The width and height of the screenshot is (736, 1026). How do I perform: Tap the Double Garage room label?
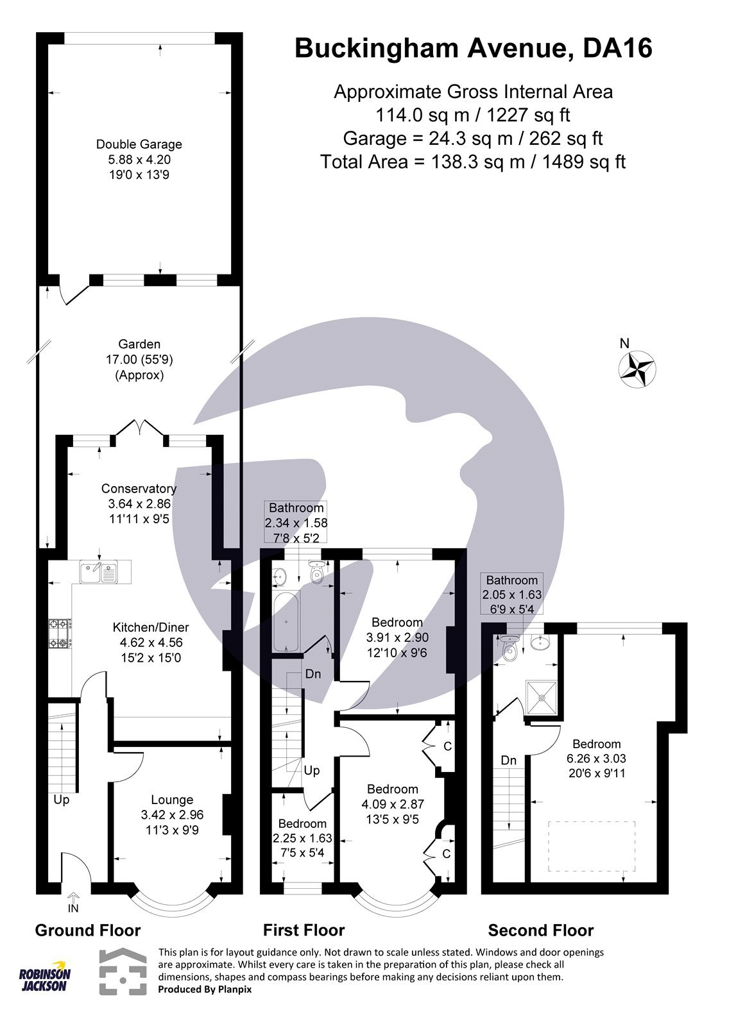pyautogui.click(x=139, y=144)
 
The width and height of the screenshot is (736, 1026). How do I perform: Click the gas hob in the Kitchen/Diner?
pyautogui.click(x=60, y=633)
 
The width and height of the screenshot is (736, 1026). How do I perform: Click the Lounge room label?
pyautogui.click(x=172, y=800)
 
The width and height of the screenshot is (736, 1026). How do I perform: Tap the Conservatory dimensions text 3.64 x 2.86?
pyautogui.click(x=139, y=504)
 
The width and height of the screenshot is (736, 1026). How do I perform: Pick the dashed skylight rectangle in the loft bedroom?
pyautogui.click(x=591, y=845)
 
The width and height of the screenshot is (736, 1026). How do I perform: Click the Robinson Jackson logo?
pyautogui.click(x=44, y=977)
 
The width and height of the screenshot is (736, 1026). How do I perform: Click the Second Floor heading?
pyautogui.click(x=540, y=930)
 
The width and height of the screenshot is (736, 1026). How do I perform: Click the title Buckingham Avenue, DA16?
pyautogui.click(x=473, y=49)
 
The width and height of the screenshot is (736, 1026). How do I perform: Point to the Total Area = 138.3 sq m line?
pyautogui.click(x=472, y=162)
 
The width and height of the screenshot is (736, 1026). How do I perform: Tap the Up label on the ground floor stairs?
pyautogui.click(x=62, y=800)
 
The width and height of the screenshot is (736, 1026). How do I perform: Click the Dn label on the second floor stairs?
pyautogui.click(x=508, y=761)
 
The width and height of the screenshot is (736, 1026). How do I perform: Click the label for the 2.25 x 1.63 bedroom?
pyautogui.click(x=302, y=823)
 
